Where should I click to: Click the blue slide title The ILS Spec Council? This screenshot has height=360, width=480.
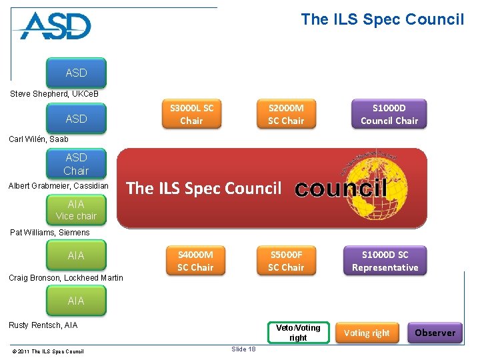point(382,19)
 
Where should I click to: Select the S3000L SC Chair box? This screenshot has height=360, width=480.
point(191,114)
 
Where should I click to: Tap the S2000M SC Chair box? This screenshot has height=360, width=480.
point(285,114)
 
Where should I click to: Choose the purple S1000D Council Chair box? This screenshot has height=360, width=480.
point(389,114)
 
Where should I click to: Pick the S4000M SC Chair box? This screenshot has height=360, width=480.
point(195,261)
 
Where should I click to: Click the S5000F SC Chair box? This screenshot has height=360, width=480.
point(285,261)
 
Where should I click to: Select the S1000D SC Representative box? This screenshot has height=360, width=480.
point(385,261)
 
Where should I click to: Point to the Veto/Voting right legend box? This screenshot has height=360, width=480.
point(298,333)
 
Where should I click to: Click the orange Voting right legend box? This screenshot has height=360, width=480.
point(367,333)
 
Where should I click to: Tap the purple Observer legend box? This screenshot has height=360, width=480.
point(435,333)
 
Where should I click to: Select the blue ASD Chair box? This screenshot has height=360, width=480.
point(76,164)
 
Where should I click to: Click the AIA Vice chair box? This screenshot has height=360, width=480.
point(76,210)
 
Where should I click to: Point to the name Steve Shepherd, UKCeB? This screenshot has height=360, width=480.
point(54,93)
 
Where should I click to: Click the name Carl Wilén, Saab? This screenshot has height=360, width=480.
point(39,139)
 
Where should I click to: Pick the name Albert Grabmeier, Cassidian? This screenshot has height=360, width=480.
point(58,185)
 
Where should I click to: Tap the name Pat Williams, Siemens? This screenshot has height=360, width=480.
point(49,233)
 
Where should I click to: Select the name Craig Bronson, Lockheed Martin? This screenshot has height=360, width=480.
point(66,278)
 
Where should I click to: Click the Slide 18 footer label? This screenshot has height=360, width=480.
point(243,349)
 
